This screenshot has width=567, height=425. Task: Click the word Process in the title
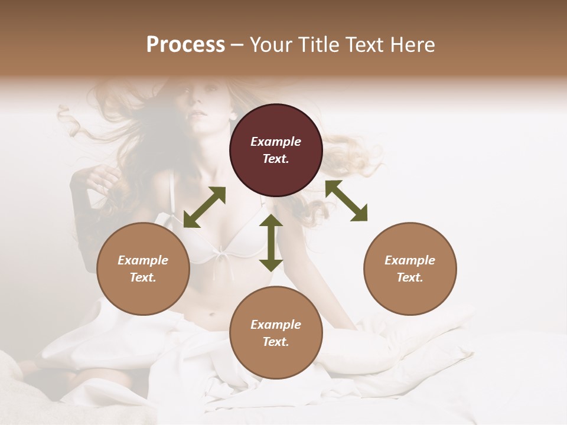coord(185,45)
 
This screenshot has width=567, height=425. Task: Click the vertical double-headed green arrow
coord(271,243)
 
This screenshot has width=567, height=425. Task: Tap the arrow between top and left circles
coord(204,207)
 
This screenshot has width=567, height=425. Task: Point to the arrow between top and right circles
coord(346,201)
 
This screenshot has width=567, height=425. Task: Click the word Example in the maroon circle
coord(276,142)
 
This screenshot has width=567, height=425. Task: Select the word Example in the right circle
coord(410,260)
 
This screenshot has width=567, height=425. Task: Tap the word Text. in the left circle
coord(143,277)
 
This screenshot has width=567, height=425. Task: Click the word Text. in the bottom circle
coord(276,342)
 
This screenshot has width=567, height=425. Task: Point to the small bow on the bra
coord(225,256)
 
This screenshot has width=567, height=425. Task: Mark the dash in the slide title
coord(237,45)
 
